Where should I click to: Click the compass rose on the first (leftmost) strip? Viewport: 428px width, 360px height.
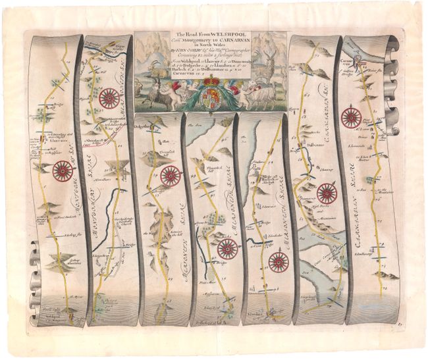click(x=63, y=172)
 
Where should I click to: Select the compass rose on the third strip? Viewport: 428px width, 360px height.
click(x=170, y=176)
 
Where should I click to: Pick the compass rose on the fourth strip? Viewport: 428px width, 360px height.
click(x=227, y=248)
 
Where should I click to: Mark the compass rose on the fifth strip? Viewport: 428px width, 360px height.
click(x=279, y=261)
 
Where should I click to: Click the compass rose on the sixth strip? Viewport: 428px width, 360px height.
click(x=326, y=193)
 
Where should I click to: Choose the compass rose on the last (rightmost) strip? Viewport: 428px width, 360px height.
click(x=352, y=118)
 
